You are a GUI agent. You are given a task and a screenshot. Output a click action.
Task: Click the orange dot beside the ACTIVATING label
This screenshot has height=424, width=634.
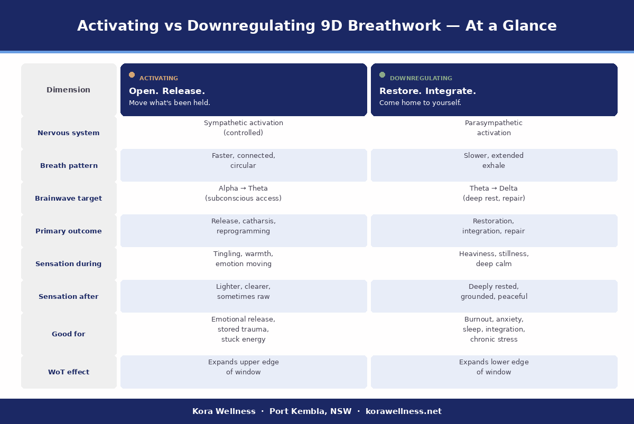(132, 75)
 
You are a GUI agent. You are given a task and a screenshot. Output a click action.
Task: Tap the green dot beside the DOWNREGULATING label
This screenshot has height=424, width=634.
(382, 75)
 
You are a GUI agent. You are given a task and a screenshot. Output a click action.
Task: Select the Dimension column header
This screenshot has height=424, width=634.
(69, 90)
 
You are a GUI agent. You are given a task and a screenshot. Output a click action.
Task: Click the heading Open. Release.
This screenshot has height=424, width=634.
(167, 91)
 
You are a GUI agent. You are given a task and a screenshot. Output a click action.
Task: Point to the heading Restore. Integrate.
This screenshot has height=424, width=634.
(427, 91)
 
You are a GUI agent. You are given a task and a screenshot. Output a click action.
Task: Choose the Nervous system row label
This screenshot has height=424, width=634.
(69, 133)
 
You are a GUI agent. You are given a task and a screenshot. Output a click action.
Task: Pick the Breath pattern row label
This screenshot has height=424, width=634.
(69, 166)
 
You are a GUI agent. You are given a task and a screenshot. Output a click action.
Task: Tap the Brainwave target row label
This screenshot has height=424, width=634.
(69, 199)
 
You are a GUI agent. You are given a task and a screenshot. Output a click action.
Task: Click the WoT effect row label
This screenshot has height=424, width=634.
(69, 372)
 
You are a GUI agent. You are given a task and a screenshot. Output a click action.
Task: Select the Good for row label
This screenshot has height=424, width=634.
(69, 334)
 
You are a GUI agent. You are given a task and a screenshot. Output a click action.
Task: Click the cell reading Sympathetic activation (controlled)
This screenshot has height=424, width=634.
(244, 128)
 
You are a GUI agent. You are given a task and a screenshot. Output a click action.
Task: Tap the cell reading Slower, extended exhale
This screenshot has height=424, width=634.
(494, 161)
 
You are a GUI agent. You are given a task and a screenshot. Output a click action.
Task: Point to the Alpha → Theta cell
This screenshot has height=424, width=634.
(244, 193)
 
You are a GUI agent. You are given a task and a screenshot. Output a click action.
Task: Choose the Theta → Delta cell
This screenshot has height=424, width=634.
(494, 193)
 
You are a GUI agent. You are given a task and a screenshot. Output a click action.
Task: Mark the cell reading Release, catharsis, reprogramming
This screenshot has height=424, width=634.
(244, 226)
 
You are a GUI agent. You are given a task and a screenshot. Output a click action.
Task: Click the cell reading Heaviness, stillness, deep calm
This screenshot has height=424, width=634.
(494, 259)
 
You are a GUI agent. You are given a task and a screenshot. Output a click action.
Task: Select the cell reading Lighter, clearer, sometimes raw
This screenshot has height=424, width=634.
(244, 291)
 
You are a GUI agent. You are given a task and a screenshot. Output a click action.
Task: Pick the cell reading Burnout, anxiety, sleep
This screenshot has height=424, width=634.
(494, 329)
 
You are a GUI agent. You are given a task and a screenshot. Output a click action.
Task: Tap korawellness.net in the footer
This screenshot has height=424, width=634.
(404, 411)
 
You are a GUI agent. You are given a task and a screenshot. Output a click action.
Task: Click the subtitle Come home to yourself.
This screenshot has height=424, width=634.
(420, 103)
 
